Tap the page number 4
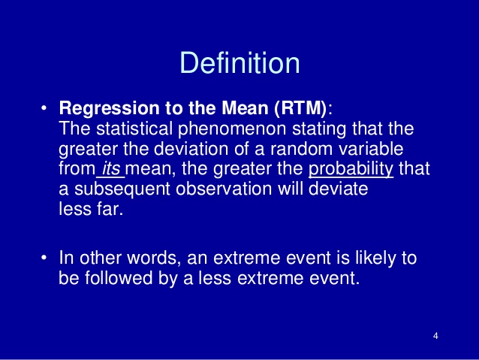[435, 335]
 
